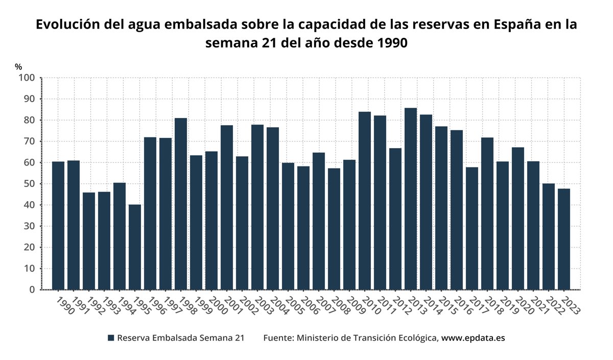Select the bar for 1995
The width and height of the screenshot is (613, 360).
pyautogui.click(x=135, y=247)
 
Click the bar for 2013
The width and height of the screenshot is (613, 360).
pyautogui.click(x=411, y=199)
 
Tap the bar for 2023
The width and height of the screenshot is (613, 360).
pyautogui.click(x=564, y=239)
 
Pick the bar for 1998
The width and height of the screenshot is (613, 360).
pyautogui.click(x=181, y=204)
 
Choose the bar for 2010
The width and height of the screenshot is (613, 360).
pyautogui.click(x=365, y=201)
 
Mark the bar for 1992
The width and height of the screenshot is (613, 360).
pyautogui.click(x=89, y=241)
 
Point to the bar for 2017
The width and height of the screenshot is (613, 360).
pyautogui.click(x=472, y=228)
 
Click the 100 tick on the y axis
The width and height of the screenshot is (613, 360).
pyautogui.click(x=27, y=78)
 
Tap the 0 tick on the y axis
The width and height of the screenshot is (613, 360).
pyautogui.click(x=32, y=290)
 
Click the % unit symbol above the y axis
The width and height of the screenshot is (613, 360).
pyautogui.click(x=18, y=67)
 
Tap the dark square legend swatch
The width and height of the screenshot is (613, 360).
pyautogui.click(x=111, y=338)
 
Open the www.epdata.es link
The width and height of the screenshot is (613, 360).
pyautogui.click(x=473, y=338)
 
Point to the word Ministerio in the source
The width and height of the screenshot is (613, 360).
pyautogui.click(x=318, y=338)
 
